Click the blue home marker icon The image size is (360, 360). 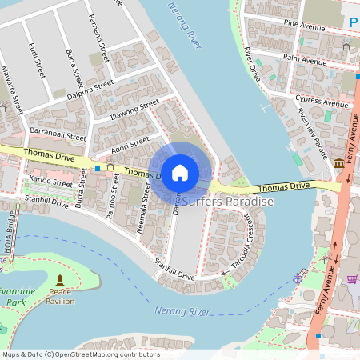pos(180,172)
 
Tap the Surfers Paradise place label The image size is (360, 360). pos(228,202)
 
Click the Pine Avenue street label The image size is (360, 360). pos(304,26)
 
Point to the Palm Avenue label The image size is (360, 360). pos(303,58)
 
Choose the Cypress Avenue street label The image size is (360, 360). pos(322,102)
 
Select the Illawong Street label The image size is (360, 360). pos(135,110)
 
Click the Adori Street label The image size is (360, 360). pos(130,142)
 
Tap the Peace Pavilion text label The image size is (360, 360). pos(61,296)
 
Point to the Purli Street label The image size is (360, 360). pos(35,60)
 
